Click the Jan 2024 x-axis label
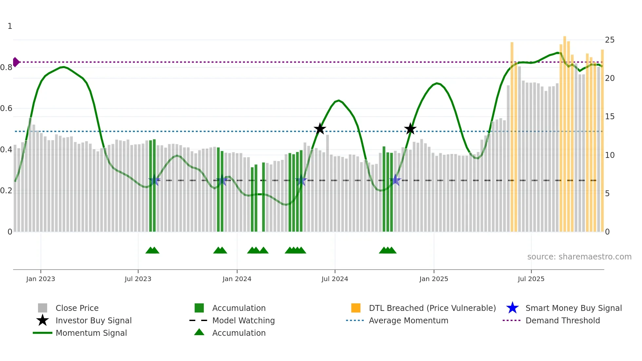237,279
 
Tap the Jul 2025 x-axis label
531,279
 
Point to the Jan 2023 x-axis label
41,279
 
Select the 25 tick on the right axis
610,40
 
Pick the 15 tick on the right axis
610,117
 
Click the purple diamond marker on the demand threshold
16,62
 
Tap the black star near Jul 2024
320,129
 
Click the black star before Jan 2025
410,129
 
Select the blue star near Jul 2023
154,180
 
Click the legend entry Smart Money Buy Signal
573,308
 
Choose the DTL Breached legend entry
432,308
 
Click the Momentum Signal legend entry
91,333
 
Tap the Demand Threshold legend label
562,320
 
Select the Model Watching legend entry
243,320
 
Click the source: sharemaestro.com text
579,256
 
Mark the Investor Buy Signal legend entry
93,320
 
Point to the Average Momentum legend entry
408,320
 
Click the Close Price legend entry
77,308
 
